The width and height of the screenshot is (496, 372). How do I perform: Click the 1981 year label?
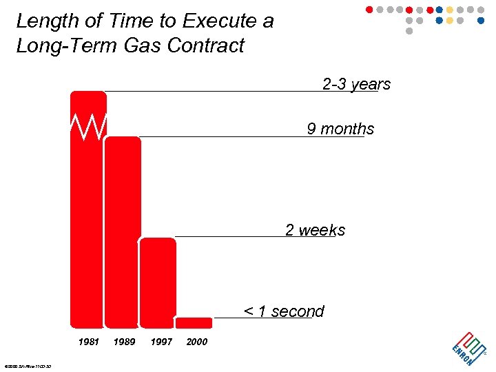(x=89, y=342)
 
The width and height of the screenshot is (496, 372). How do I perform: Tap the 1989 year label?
(x=124, y=342)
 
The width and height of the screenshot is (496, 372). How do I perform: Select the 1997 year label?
(x=161, y=342)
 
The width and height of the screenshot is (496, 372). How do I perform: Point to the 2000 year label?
(x=197, y=342)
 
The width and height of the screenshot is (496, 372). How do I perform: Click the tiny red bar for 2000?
(x=194, y=322)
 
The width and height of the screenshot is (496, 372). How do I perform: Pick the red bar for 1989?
(x=123, y=231)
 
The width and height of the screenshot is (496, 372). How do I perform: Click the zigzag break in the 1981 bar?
(x=88, y=125)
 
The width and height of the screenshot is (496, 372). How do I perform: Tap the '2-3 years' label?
(x=356, y=84)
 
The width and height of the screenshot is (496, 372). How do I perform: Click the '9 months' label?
(x=340, y=129)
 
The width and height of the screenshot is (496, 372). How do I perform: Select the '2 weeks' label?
(x=315, y=230)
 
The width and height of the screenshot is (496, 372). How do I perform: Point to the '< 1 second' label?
(x=284, y=311)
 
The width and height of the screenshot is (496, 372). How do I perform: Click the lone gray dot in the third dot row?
(x=409, y=31)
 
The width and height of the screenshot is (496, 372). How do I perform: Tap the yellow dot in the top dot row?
(x=450, y=10)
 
